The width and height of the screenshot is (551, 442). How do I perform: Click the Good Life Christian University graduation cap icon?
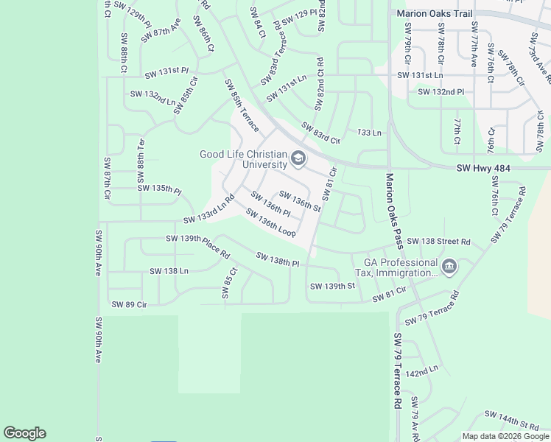(x=298, y=158)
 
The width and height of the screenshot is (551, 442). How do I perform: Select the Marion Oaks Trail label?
(x=433, y=13)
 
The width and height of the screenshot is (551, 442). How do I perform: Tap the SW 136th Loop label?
(x=270, y=223)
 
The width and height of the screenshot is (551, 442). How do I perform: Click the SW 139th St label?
(x=332, y=286)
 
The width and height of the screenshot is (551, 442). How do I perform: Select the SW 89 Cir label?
(x=129, y=304)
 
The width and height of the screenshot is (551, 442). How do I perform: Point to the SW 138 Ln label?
(x=169, y=271)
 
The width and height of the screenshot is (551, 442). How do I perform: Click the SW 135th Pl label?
(x=159, y=189)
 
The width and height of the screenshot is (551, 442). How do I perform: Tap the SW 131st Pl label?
(x=167, y=71)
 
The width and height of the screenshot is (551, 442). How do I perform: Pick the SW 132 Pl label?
(x=441, y=92)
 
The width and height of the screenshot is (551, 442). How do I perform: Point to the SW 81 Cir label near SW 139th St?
(x=390, y=295)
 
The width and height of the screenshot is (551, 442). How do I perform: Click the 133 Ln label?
(x=370, y=133)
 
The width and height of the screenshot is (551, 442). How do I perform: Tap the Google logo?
(x=24, y=433)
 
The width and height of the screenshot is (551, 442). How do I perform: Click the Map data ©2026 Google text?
(x=505, y=436)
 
